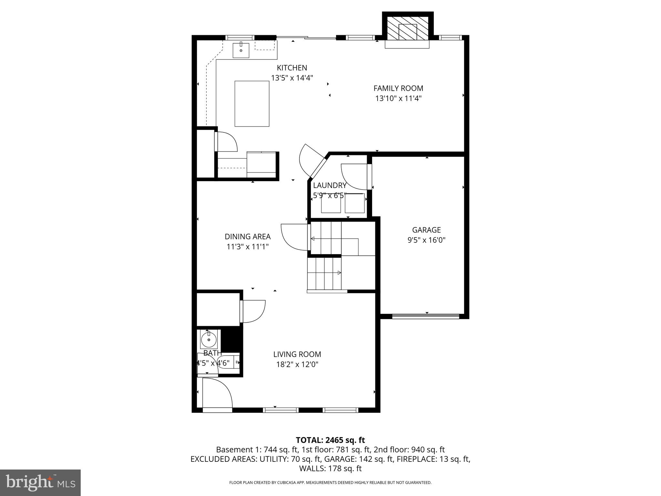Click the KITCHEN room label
(x=292, y=68)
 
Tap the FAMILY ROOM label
(x=398, y=88)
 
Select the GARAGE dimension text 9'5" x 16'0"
(x=426, y=240)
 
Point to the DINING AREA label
(x=248, y=237)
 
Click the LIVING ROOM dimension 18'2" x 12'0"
(x=297, y=365)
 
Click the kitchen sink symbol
(x=241, y=50)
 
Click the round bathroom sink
(x=208, y=340)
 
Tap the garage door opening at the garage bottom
(x=425, y=316)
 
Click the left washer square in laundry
(x=331, y=203)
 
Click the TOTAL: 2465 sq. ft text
(x=330, y=440)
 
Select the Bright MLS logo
(x=40, y=482)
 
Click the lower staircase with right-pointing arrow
(x=324, y=273)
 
